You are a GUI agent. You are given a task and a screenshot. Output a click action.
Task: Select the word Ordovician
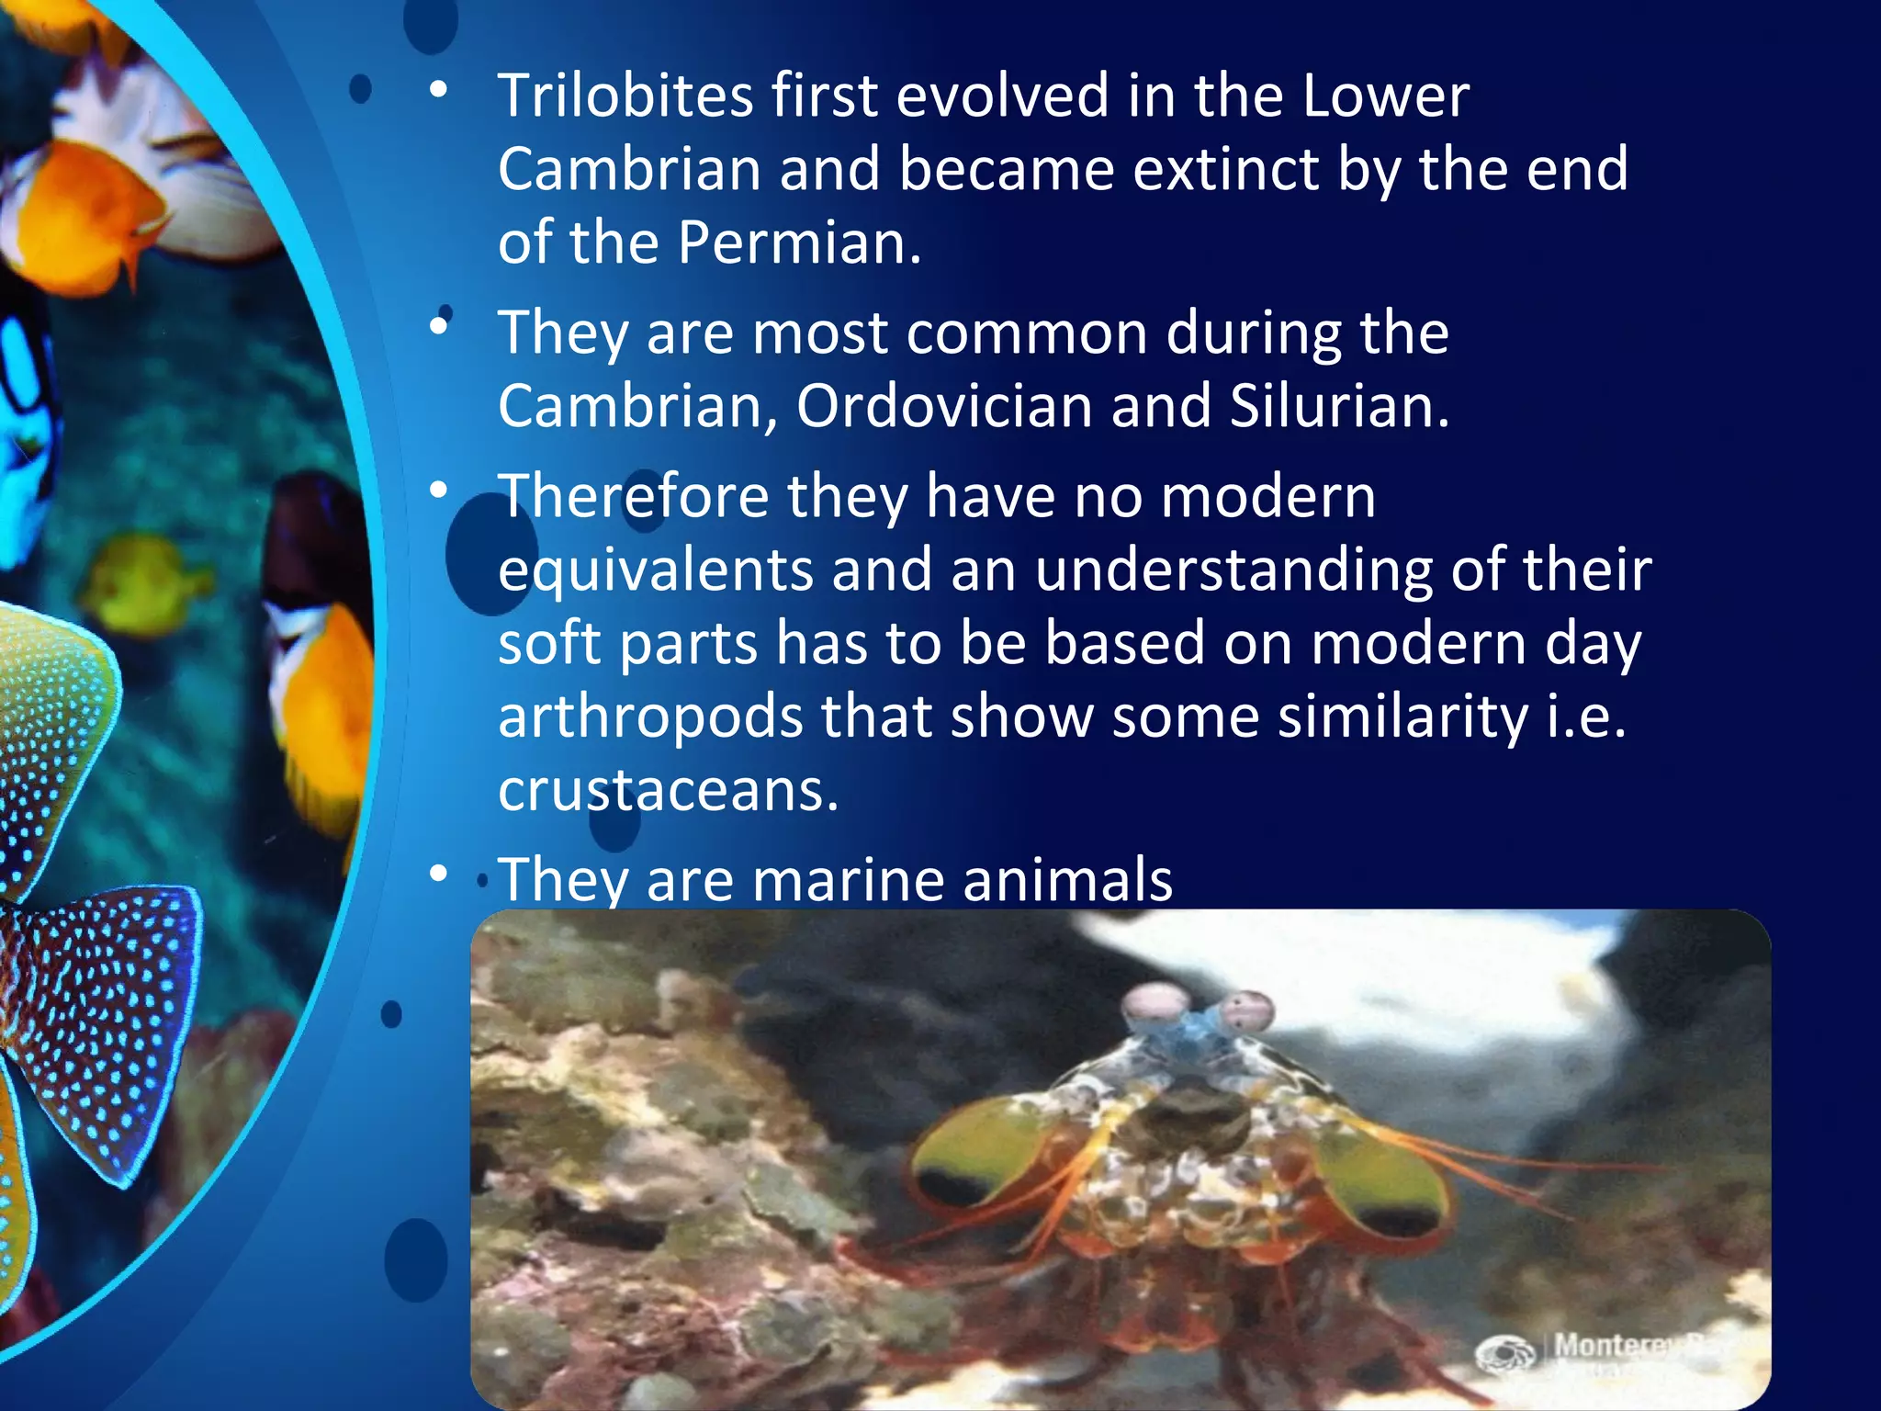944,406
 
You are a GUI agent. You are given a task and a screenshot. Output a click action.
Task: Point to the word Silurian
1339,406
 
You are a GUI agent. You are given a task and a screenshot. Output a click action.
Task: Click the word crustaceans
668,790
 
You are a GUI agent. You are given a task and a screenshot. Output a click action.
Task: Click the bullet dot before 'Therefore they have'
439,491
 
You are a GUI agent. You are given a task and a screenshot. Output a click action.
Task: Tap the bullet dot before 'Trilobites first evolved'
439,90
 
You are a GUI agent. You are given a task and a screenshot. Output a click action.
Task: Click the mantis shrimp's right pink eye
1249,1010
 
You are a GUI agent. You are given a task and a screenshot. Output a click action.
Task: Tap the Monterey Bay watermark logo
1506,1353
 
